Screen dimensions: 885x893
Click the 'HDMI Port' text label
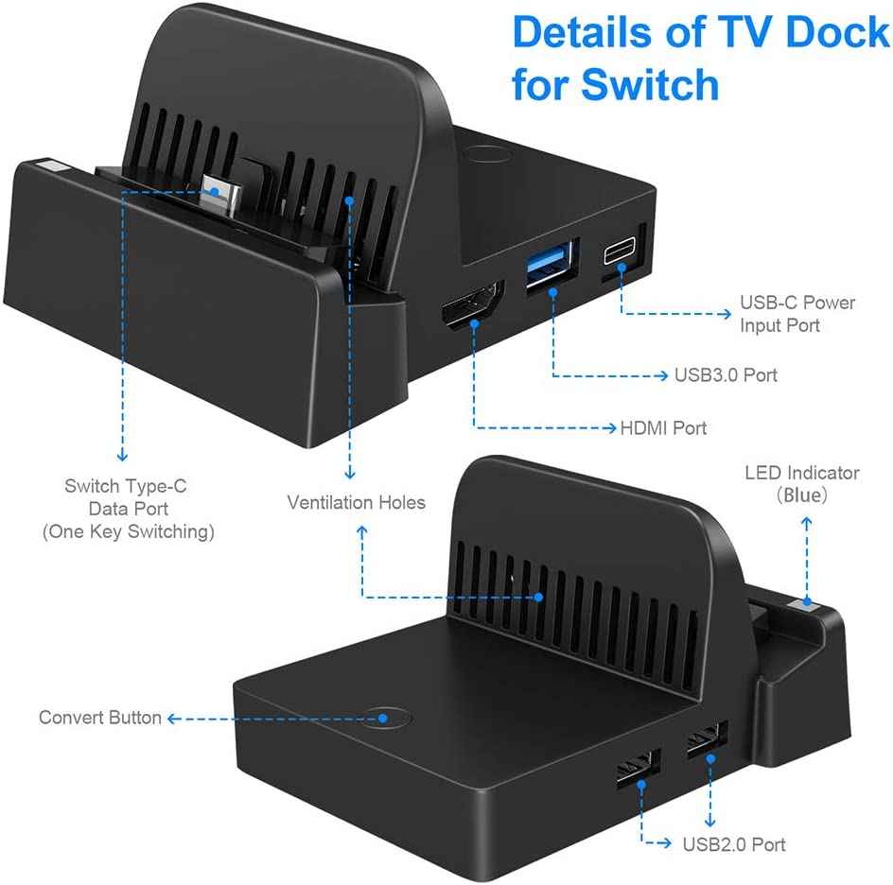tap(663, 428)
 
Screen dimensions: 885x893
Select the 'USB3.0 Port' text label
tap(726, 374)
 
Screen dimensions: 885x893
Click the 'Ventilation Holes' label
tap(357, 502)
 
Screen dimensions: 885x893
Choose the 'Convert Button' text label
tap(99, 718)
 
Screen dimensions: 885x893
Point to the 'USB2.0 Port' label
tap(734, 844)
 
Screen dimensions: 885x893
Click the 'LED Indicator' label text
tap(801, 472)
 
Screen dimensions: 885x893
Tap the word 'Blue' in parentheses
tap(802, 495)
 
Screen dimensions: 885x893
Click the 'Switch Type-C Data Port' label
tap(126, 497)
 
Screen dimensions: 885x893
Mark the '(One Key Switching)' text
tap(129, 531)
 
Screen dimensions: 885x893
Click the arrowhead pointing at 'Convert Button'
tap(172, 719)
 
